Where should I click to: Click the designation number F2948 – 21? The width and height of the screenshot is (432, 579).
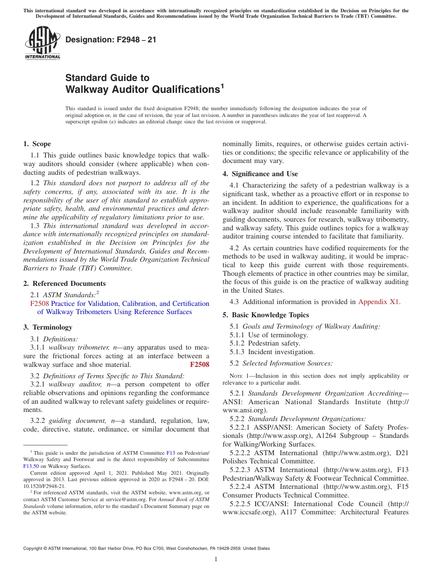point(111,40)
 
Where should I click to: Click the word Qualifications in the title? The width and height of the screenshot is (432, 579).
point(182,89)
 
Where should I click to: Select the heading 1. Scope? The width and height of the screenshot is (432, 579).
point(37,144)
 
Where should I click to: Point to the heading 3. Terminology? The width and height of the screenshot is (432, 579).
point(48,327)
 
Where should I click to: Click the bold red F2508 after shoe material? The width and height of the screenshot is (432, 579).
point(199,365)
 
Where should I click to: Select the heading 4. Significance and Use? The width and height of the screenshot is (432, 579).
point(260,174)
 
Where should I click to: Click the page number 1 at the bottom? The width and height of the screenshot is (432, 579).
point(216,559)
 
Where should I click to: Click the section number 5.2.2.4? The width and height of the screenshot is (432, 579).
point(241,487)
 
